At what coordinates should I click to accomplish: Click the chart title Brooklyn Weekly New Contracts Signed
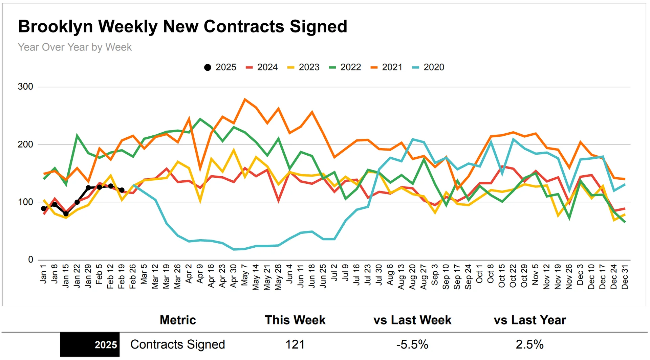coord(182,26)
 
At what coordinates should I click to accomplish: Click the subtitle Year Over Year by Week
coord(74,47)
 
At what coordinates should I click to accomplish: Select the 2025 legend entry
coord(220,67)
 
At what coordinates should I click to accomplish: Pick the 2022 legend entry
coord(345,67)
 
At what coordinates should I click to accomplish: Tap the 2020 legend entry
coord(428,67)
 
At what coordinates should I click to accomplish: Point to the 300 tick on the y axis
coord(25,87)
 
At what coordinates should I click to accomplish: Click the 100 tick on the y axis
coord(25,202)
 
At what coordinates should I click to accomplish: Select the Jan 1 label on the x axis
coord(43,274)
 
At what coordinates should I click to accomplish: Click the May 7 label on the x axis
coord(244,275)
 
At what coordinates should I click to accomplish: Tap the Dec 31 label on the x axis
coord(625,277)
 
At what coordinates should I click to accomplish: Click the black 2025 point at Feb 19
coord(122,190)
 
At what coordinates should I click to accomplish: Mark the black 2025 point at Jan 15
coord(66,214)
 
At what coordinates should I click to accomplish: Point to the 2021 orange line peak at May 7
coord(245,99)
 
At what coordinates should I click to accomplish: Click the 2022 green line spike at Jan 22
coord(77,136)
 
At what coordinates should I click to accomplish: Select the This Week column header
coord(295,320)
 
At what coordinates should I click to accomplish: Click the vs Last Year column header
coord(529,320)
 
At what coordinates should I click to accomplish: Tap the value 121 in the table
coord(295,344)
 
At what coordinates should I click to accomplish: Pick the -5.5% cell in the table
coord(412,344)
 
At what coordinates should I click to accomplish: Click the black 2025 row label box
coord(90,344)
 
